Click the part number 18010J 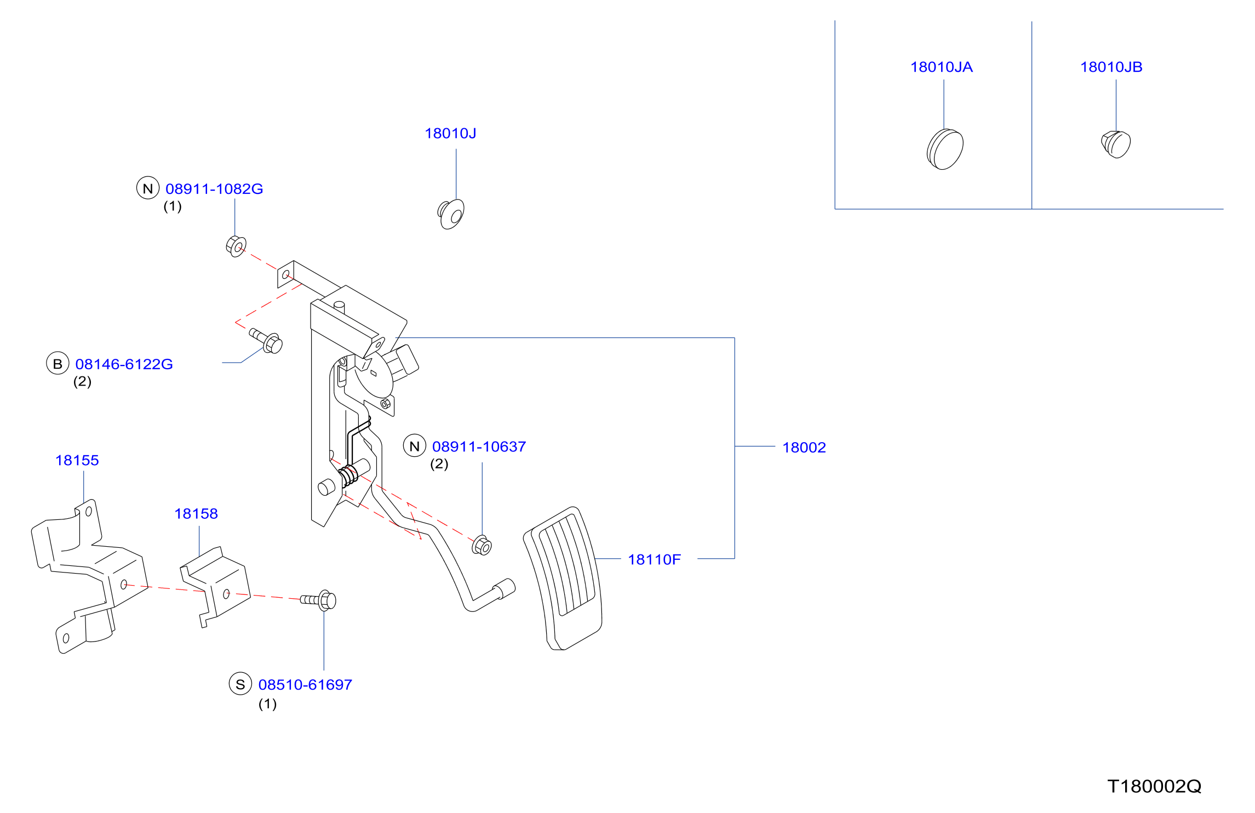click(450, 133)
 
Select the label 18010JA click(941, 67)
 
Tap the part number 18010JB click(1111, 67)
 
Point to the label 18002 click(804, 448)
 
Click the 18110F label click(654, 559)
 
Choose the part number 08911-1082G click(214, 189)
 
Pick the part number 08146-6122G click(124, 364)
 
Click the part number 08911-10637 click(479, 446)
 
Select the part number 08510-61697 click(305, 685)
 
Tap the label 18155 click(77, 460)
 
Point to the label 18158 click(196, 514)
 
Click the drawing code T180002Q click(1154, 786)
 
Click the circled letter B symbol click(58, 363)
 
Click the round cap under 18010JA click(945, 149)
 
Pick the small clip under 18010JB click(1116, 144)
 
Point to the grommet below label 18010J click(451, 214)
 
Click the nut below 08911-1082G click(236, 247)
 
